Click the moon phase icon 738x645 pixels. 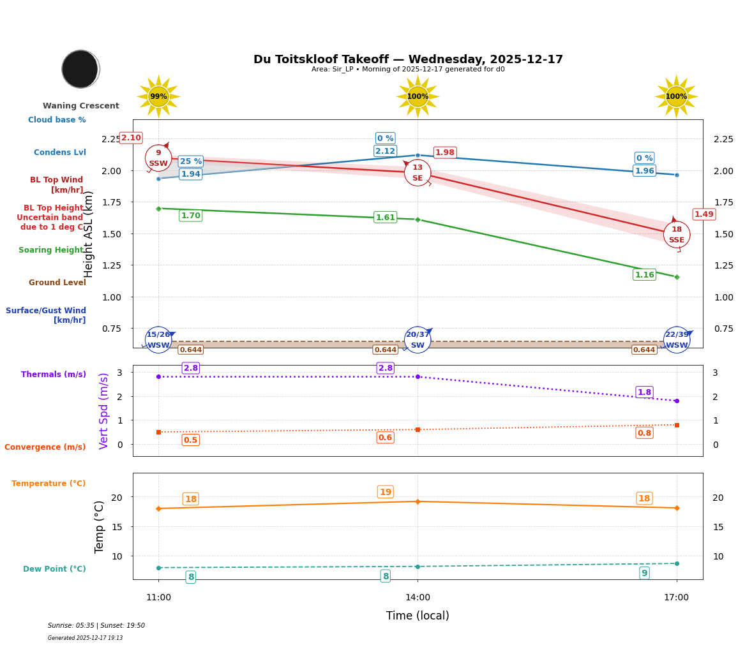pyautogui.click(x=80, y=69)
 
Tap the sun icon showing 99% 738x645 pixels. pyautogui.click(x=158, y=96)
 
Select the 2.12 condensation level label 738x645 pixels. pyautogui.click(x=385, y=151)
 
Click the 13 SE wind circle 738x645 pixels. pyautogui.click(x=418, y=173)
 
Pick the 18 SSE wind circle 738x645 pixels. pyautogui.click(x=677, y=235)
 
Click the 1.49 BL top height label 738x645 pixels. pyautogui.click(x=704, y=214)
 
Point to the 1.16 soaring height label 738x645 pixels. pyautogui.click(x=644, y=275)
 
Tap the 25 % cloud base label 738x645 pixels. pyautogui.click(x=191, y=161)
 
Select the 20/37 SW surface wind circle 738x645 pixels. pyautogui.click(x=418, y=340)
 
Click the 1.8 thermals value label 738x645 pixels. pyautogui.click(x=644, y=392)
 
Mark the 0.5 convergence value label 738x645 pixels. pyautogui.click(x=190, y=440)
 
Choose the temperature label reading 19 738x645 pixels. pyautogui.click(x=386, y=492)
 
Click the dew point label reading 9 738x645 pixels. pyautogui.click(x=644, y=573)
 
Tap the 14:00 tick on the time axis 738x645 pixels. pyautogui.click(x=418, y=598)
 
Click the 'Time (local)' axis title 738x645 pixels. pyautogui.click(x=418, y=616)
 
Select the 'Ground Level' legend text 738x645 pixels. pyautogui.click(x=57, y=283)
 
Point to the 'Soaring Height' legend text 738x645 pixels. pyautogui.click(x=51, y=250)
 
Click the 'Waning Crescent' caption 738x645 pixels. pyautogui.click(x=81, y=106)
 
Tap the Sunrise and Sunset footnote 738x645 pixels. pyautogui.click(x=96, y=626)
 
